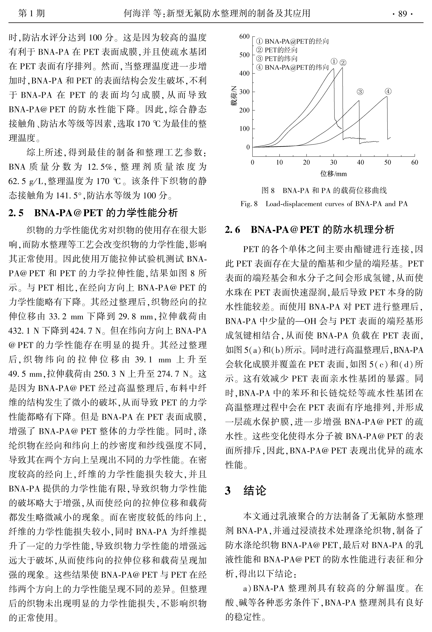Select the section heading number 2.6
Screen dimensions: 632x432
pos(233,230)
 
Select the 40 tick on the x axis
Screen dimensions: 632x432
pos(360,163)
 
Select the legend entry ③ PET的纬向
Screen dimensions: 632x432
pos(277,59)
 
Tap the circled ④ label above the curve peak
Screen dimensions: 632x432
pos(388,91)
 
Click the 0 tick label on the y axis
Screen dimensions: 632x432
pos(248,147)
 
